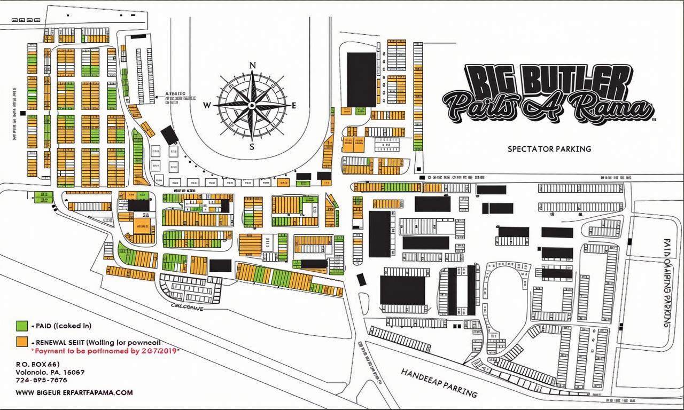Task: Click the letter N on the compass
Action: pyautogui.click(x=253, y=66)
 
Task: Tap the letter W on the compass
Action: pyautogui.click(x=207, y=105)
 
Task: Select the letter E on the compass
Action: pyautogui.click(x=294, y=105)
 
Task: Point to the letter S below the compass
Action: pyautogui.click(x=252, y=147)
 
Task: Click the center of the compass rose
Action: pyautogui.click(x=252, y=105)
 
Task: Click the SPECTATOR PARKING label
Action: pyautogui.click(x=549, y=149)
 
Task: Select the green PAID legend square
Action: pyautogui.click(x=22, y=325)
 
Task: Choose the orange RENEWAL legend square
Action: pyautogui.click(x=22, y=342)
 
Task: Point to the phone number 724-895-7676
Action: pyautogui.click(x=41, y=380)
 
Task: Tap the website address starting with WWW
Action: pyautogui.click(x=74, y=392)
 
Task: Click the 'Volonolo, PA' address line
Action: pyautogui.click(x=50, y=372)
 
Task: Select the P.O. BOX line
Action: pyautogui.click(x=37, y=364)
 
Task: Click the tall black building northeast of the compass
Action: pyautogui.click(x=361, y=79)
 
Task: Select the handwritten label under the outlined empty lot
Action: pyautogui.click(x=186, y=307)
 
